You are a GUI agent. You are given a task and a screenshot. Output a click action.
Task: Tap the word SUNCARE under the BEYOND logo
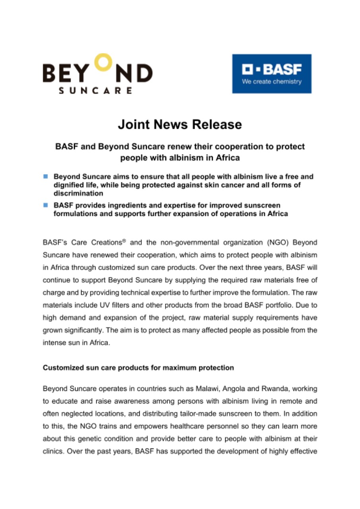click(95, 90)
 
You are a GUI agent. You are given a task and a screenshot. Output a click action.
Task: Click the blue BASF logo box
click(272, 74)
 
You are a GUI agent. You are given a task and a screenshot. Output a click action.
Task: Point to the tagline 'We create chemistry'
click(272, 82)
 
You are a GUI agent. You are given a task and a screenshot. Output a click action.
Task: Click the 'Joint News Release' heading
click(180, 124)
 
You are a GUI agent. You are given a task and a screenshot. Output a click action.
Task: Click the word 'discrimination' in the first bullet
click(78, 193)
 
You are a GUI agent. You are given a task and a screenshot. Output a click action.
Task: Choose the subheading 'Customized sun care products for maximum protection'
click(138, 368)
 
